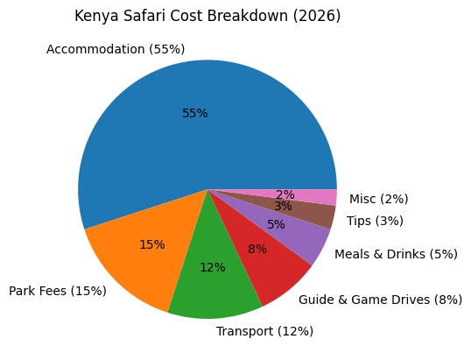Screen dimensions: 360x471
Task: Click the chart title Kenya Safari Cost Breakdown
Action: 207,16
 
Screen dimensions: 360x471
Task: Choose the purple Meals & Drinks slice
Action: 298,231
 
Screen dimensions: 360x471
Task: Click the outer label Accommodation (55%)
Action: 115,49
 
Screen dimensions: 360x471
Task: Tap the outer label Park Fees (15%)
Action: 58,291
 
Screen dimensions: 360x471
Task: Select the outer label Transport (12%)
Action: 264,331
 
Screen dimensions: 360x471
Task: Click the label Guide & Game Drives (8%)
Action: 380,300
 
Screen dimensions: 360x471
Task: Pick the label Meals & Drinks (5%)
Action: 396,254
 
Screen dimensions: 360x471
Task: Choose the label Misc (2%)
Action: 378,199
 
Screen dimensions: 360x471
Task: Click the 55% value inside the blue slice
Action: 195,114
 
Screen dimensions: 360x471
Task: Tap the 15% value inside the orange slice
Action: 152,244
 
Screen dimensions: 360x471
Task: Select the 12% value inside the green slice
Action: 213,267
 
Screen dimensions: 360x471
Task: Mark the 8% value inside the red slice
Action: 257,249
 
